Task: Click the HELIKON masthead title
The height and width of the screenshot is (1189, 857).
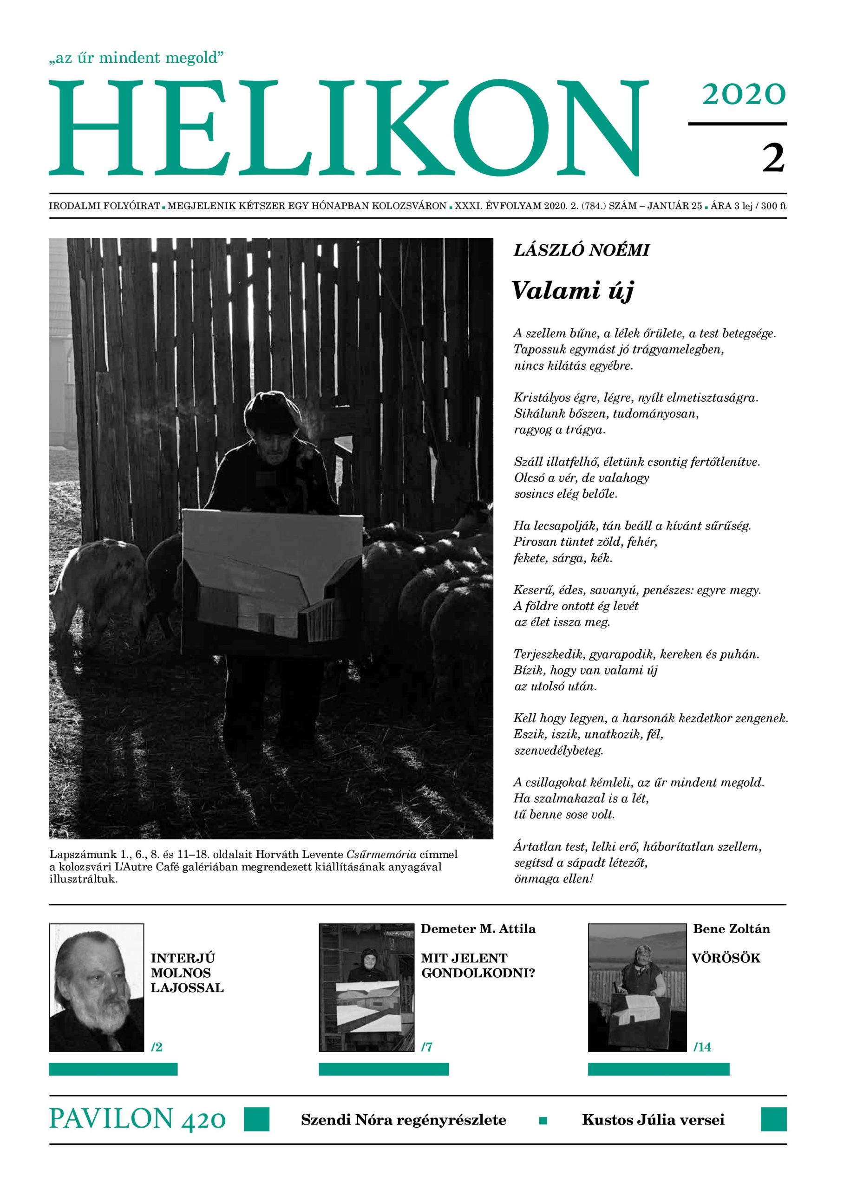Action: (346, 129)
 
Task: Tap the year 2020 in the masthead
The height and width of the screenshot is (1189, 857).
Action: (743, 94)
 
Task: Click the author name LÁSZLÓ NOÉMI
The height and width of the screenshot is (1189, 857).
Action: (581, 251)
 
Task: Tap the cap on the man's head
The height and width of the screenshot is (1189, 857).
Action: (272, 406)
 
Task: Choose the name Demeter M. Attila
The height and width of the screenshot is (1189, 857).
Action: (478, 929)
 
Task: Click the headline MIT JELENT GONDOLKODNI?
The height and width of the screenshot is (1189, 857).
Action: (478, 966)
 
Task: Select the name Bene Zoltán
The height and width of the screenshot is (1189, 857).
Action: (731, 929)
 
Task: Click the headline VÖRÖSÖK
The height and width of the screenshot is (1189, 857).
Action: (726, 958)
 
